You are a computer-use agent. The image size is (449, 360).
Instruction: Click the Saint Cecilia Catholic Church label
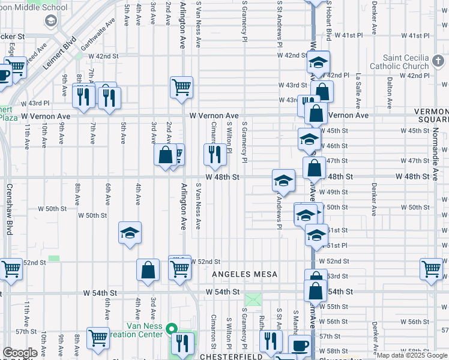coord(408,62)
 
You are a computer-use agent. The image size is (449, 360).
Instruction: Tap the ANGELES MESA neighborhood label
coord(245,274)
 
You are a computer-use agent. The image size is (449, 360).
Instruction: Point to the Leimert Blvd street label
coord(59,52)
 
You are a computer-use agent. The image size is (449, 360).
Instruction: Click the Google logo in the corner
coord(20,353)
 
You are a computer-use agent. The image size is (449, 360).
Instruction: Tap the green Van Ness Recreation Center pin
coord(171,329)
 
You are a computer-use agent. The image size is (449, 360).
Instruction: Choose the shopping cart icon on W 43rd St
coord(181,87)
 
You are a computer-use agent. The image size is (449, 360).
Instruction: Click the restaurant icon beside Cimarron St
coord(213,154)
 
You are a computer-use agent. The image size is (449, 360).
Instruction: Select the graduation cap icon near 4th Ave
coord(130,232)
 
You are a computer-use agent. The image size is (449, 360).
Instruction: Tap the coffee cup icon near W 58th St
coord(300,345)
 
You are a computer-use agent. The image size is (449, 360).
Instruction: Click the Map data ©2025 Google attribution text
coord(412,355)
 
